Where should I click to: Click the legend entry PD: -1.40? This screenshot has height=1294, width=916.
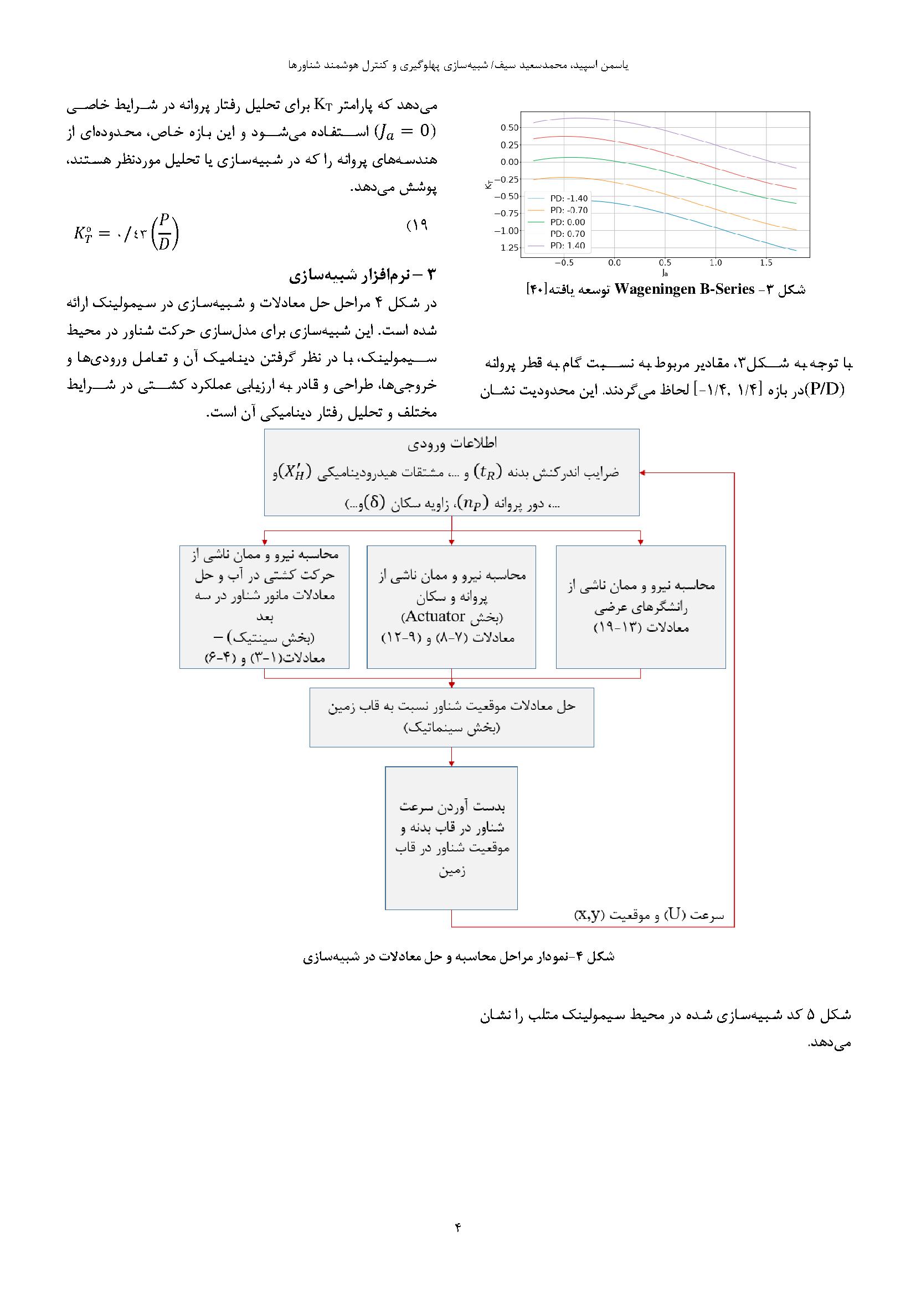tap(569, 199)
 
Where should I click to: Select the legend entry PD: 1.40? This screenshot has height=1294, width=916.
tap(569, 246)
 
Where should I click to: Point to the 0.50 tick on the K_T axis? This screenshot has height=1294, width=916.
tap(510, 127)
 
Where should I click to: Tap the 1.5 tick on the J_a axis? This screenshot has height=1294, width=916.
tap(765, 263)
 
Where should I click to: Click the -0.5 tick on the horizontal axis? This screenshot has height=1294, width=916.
tap(564, 263)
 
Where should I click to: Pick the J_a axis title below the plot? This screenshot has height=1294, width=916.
tap(665, 273)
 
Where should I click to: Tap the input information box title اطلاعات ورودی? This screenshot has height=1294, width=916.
tap(452, 444)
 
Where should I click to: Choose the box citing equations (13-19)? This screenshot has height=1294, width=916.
tap(641, 607)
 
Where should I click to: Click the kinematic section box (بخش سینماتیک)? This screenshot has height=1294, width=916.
tap(452, 717)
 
